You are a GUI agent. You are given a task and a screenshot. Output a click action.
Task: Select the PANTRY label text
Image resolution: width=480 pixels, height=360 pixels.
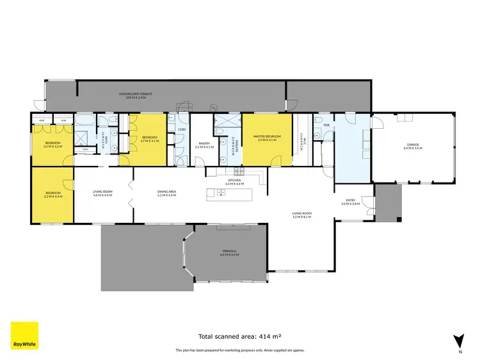(x=204, y=143)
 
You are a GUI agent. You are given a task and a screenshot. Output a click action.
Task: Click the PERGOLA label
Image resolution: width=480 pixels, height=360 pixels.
(x=229, y=251)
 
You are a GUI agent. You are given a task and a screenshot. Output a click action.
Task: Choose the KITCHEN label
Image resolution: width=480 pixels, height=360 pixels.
(x=234, y=181)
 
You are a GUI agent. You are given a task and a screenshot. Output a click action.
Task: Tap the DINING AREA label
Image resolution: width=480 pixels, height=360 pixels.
(x=167, y=191)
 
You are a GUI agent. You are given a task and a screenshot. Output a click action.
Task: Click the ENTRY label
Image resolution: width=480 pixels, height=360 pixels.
(x=351, y=200)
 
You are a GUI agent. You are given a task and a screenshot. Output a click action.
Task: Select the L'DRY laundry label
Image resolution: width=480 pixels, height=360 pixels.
(x=181, y=129)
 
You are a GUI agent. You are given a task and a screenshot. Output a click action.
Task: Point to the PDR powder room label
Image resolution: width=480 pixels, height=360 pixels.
(x=326, y=124)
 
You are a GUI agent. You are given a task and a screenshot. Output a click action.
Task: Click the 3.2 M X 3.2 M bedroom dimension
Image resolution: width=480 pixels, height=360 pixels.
(x=52, y=147)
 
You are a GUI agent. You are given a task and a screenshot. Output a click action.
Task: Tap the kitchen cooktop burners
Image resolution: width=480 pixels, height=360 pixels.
(x=240, y=171)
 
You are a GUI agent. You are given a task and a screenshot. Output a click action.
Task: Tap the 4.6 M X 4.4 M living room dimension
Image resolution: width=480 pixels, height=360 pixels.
(x=102, y=195)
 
